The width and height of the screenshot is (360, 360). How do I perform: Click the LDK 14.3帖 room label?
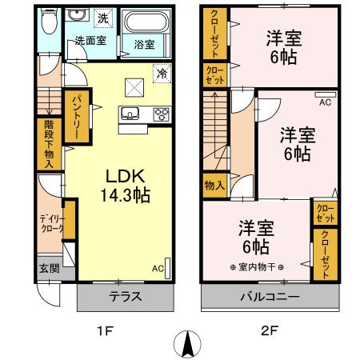(x=121, y=184)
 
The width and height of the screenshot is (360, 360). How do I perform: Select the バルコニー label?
(x=268, y=296)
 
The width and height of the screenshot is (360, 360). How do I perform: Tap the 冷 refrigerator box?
(x=161, y=71)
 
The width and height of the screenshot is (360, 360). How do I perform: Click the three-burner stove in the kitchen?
(x=162, y=114)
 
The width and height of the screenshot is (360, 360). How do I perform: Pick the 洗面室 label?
(x=92, y=38)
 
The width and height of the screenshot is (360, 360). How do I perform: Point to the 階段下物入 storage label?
(x=48, y=145)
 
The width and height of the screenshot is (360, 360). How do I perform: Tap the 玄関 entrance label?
(x=48, y=269)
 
